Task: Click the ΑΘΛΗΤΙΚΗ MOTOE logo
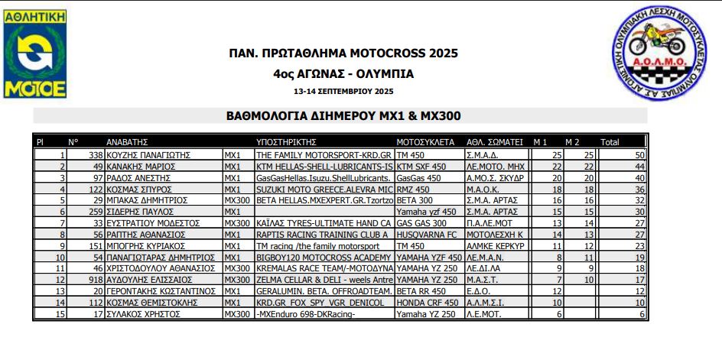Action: pos(35,54)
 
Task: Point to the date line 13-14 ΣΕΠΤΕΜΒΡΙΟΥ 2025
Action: pos(343,91)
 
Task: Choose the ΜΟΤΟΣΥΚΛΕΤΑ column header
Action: pos(425,142)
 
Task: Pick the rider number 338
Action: pos(96,154)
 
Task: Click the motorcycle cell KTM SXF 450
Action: pos(423,166)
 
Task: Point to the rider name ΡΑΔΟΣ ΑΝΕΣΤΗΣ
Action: pos(136,177)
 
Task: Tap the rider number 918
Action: pos(96,280)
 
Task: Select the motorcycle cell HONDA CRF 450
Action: pos(429,303)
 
